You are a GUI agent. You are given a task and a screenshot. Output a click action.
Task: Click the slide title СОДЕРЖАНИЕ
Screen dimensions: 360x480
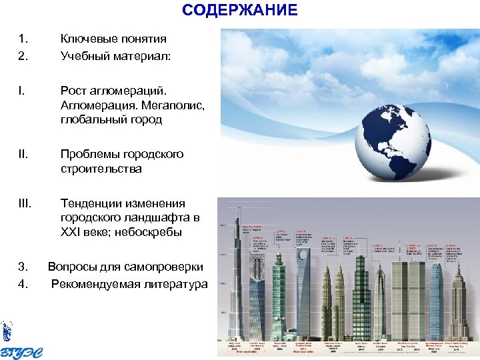[x=239, y=10]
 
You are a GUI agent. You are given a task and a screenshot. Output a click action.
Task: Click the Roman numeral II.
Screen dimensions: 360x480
[x=25, y=154]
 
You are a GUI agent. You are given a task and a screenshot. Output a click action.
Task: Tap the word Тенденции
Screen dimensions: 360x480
[x=92, y=203]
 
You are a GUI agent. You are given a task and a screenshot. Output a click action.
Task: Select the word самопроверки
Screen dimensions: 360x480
[x=165, y=267]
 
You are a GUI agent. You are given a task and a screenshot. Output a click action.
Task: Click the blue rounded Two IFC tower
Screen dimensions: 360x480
[x=433, y=300]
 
